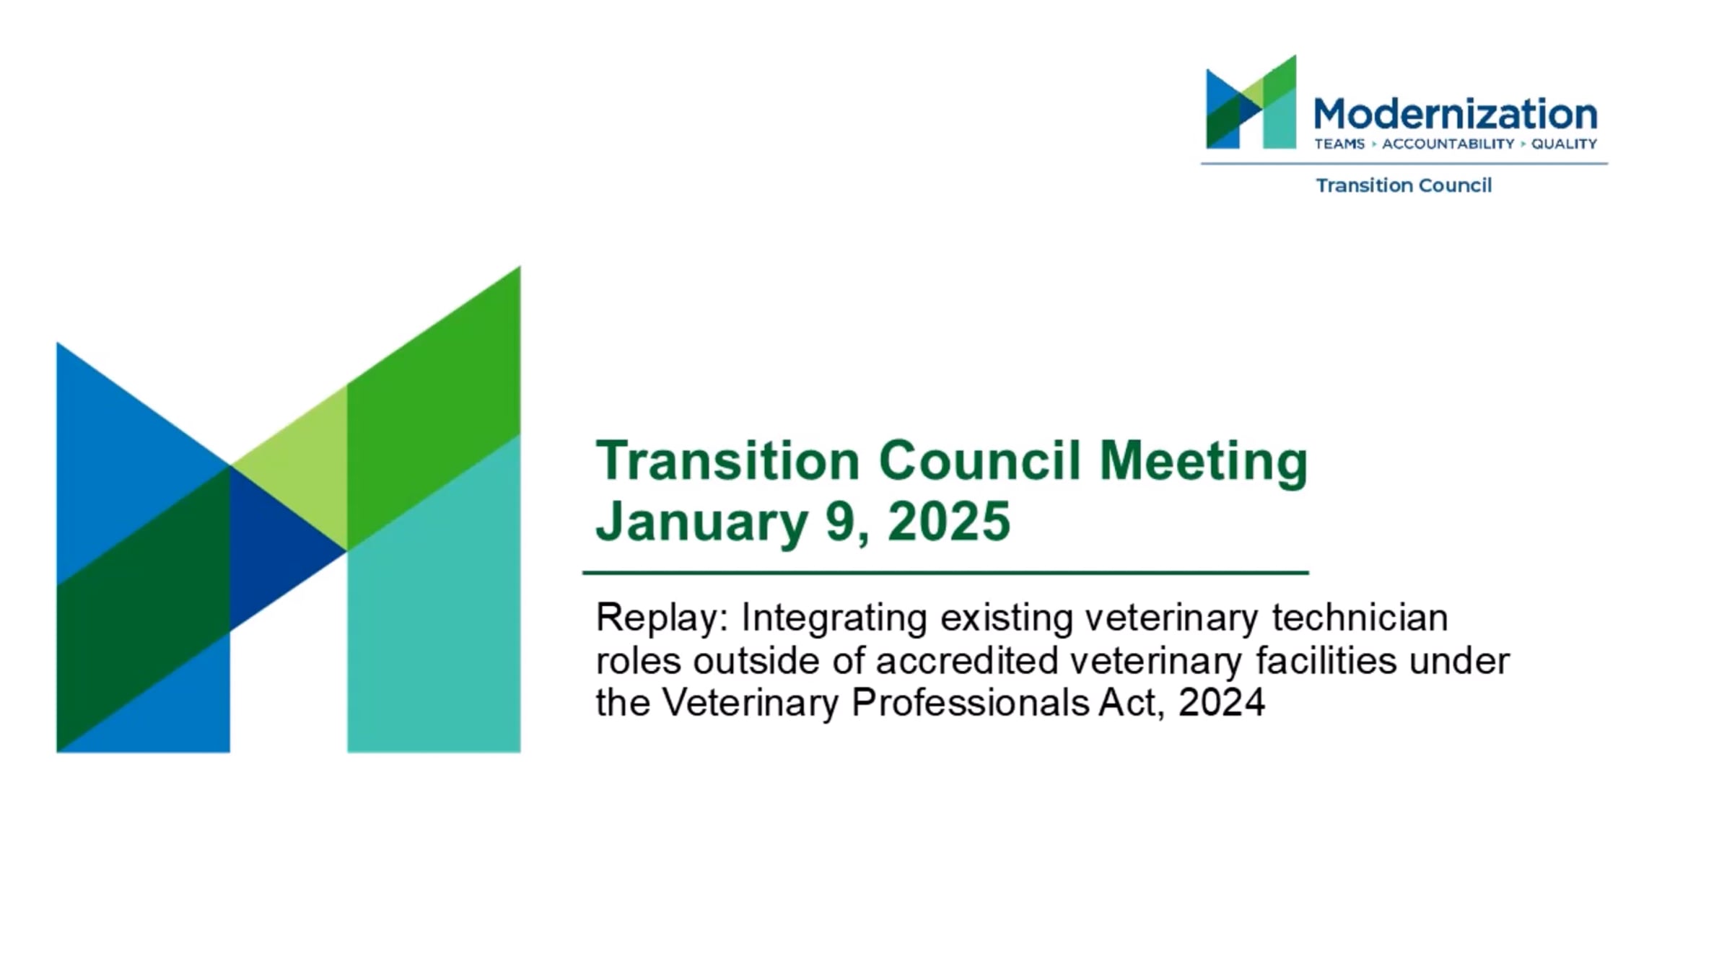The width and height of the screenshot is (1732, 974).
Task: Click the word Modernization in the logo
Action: click(x=1455, y=115)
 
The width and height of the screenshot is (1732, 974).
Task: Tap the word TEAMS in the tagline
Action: click(x=1339, y=144)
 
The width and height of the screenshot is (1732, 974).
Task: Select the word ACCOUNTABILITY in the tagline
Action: click(x=1448, y=144)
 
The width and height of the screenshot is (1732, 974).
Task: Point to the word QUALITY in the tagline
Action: click(x=1564, y=144)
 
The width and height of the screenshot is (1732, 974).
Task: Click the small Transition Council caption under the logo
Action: click(x=1404, y=185)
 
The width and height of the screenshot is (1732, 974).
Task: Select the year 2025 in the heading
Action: click(x=949, y=521)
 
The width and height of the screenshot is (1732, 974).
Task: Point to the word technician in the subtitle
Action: click(x=1360, y=618)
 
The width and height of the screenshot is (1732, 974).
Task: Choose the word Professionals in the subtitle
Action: click(x=970, y=702)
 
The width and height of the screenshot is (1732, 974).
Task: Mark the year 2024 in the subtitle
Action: click(x=1222, y=703)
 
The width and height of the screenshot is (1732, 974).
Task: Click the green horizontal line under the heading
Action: click(x=945, y=573)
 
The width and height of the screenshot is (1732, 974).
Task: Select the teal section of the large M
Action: click(x=434, y=613)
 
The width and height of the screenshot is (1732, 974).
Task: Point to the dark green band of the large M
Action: click(x=144, y=610)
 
